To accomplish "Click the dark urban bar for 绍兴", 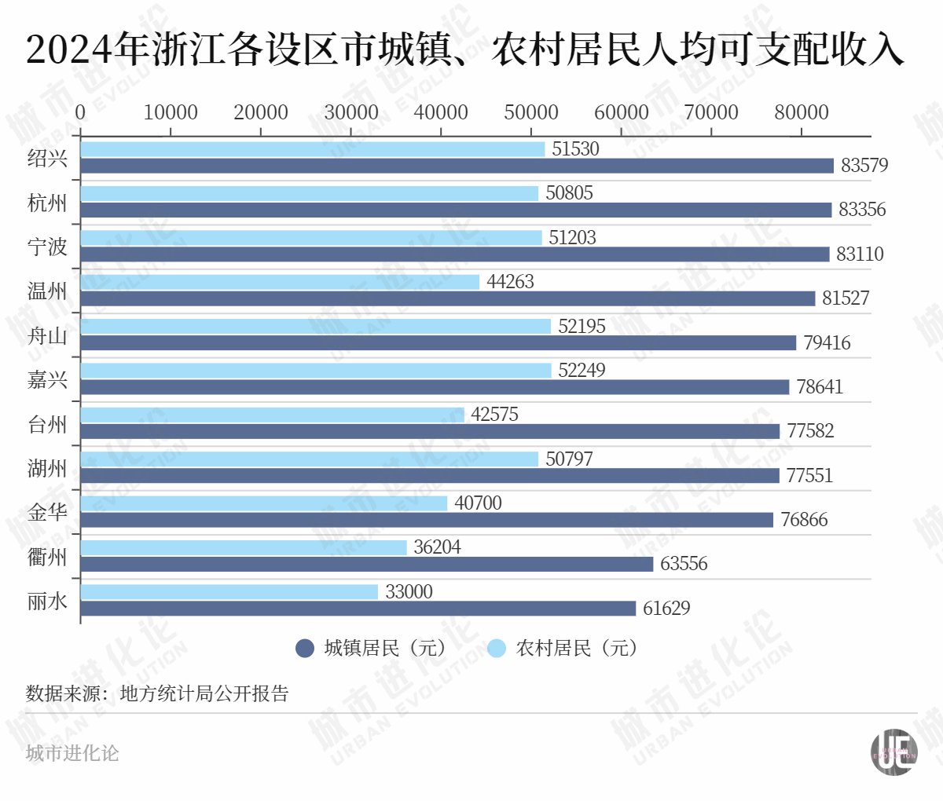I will [457, 166].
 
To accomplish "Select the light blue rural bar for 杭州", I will [309, 193].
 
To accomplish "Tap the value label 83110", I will [860, 254].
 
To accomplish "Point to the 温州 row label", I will [47, 291].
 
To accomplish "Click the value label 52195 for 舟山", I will [582, 326].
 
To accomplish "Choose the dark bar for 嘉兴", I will [435, 387].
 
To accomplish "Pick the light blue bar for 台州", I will [272, 415].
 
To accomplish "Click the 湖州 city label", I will [47, 468].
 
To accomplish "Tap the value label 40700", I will [478, 503].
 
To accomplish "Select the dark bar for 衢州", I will [366, 564].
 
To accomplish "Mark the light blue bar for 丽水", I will [229, 592].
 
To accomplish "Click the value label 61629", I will [666, 608].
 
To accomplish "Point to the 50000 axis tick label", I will [531, 112].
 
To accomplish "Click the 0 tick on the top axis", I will [80, 112].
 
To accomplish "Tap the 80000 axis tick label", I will [801, 112].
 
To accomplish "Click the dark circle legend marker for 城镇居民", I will [305, 648].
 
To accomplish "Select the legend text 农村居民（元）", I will [575, 648].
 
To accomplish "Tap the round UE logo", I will [894, 752].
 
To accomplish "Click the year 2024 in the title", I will [69, 49].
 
